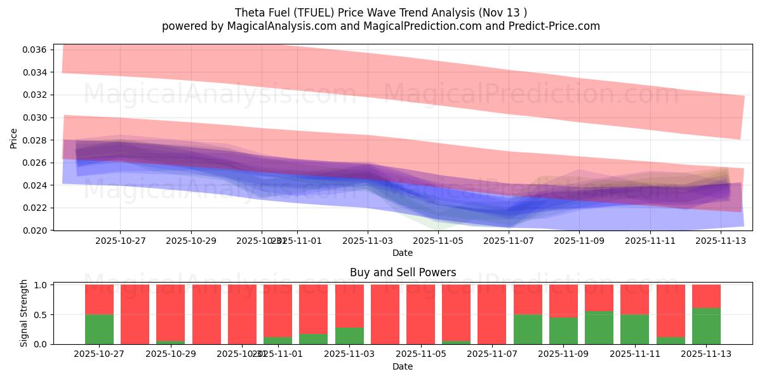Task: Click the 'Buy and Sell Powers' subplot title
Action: click(x=403, y=272)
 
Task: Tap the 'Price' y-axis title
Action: click(x=13, y=138)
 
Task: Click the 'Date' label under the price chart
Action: click(x=403, y=253)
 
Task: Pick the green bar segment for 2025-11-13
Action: click(x=707, y=326)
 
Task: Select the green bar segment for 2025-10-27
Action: click(x=99, y=329)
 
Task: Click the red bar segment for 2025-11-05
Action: click(x=420, y=314)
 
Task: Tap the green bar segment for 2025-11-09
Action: click(x=564, y=331)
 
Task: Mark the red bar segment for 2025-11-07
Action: click(x=492, y=314)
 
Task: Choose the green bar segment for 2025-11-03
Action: click(x=349, y=336)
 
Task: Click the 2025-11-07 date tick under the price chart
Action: click(x=509, y=241)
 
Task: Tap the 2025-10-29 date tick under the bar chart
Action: click(x=170, y=354)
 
